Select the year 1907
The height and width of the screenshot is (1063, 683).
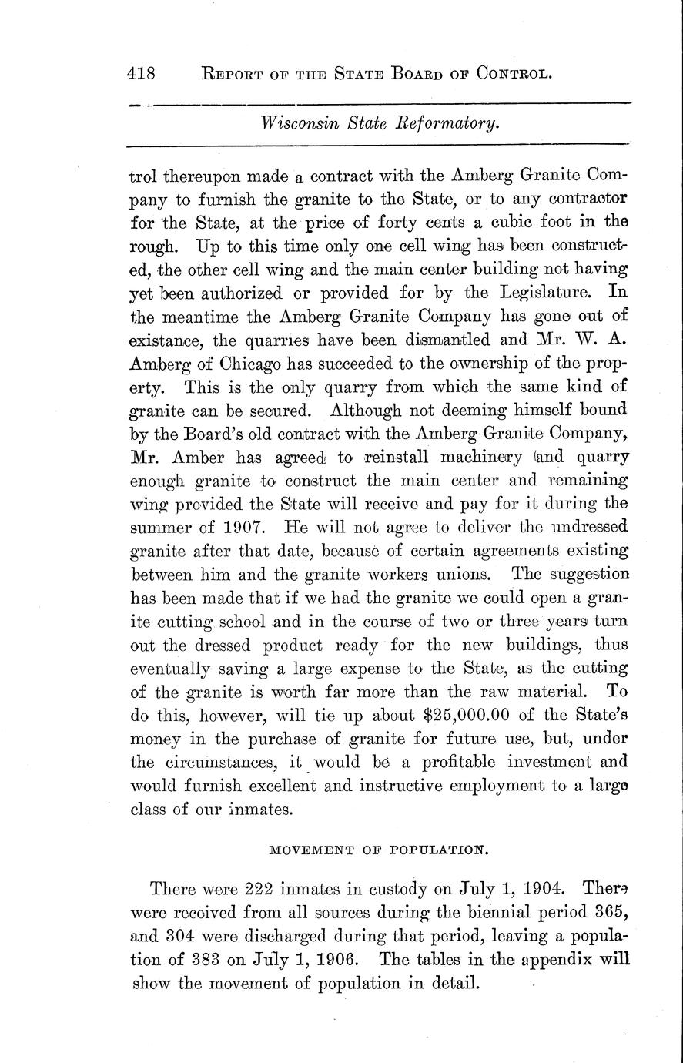241,528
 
